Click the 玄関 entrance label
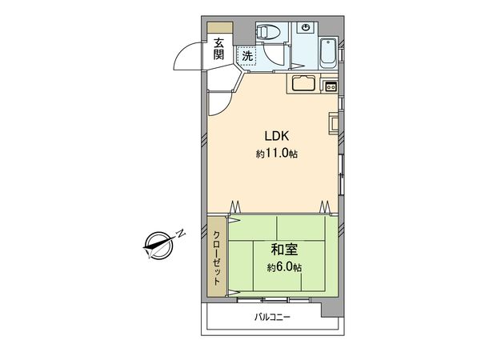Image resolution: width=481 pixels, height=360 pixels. (x=219, y=50)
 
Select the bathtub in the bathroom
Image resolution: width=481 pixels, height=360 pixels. (x=328, y=53)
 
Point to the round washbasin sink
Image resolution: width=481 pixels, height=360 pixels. (x=305, y=28)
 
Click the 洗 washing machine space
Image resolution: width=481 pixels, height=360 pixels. (x=247, y=56)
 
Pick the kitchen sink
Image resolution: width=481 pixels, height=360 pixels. (x=305, y=84)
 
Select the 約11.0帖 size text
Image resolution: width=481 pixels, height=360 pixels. (x=276, y=153)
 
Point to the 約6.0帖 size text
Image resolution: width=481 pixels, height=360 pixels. (x=285, y=266)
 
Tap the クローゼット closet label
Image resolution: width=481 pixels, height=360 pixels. (x=217, y=256)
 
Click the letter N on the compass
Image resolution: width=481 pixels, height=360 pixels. (x=181, y=233)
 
